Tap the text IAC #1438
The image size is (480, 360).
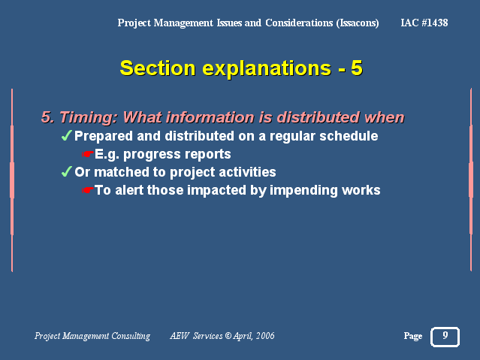424,23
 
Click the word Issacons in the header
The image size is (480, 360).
358,23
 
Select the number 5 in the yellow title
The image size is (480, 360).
357,68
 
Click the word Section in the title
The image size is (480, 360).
157,68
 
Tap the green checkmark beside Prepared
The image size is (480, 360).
66,135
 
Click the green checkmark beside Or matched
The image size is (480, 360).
66,171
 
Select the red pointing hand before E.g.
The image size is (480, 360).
88,154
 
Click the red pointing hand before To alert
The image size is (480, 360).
88,190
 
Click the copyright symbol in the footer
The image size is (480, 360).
228,336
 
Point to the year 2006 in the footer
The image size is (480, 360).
265,336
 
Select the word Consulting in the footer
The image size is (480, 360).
131,336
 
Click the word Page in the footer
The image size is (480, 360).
413,336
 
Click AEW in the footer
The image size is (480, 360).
180,336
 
